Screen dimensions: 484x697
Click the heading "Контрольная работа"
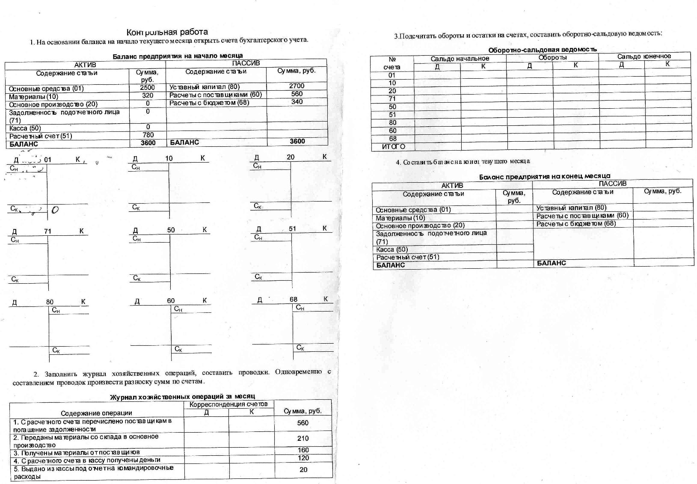(167, 32)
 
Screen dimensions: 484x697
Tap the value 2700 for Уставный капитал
(297, 86)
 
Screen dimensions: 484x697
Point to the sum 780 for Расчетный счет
(148, 135)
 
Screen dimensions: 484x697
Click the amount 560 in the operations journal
(303, 423)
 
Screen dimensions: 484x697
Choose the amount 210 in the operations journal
(303, 438)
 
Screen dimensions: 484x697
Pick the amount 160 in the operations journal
(303, 450)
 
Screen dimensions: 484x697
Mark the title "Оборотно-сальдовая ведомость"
(542, 50)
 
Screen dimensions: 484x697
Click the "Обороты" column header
(552, 57)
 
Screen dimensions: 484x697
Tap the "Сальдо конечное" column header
(644, 56)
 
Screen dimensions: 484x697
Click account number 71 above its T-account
(47, 231)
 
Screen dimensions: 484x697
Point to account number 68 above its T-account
(293, 300)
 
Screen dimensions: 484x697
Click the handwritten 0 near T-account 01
(55, 210)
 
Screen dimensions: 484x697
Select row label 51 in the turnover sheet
(392, 115)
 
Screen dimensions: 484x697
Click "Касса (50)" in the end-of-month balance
(392, 249)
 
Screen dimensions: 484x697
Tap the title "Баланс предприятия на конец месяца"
(544, 176)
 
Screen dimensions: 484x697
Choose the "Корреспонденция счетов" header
(228, 404)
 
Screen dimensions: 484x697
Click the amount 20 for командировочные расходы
(303, 469)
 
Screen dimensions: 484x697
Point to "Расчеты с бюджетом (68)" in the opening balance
(209, 103)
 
